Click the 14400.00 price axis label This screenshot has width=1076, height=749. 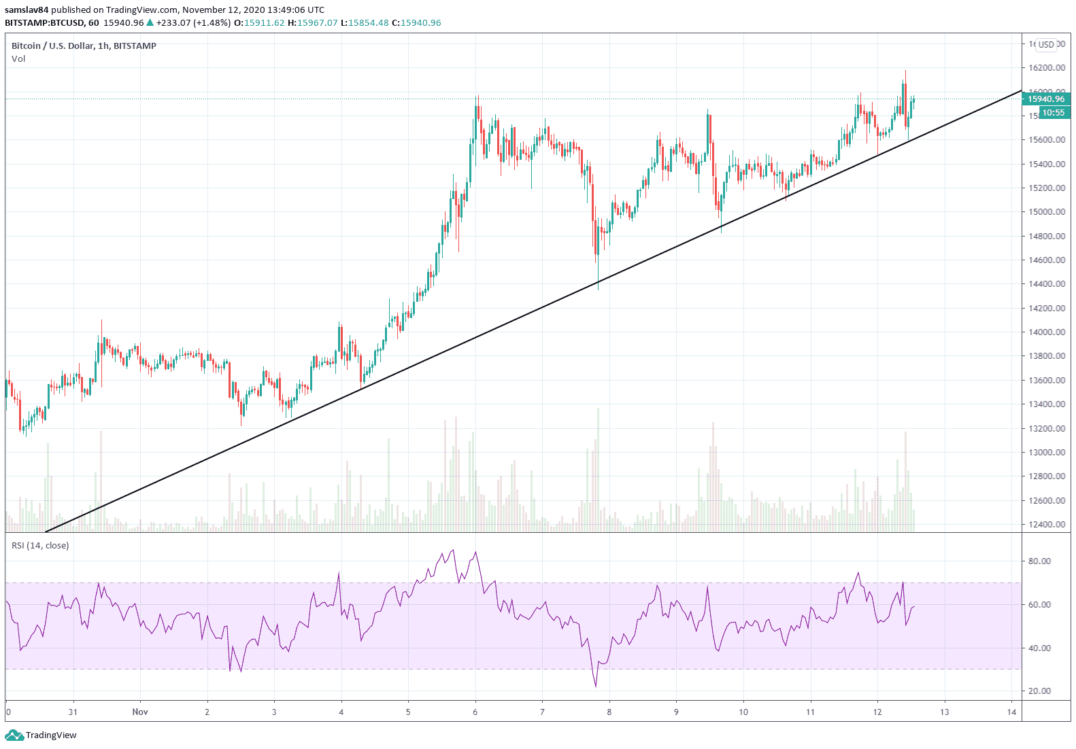point(1047,284)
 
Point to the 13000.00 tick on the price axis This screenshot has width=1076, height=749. point(1047,453)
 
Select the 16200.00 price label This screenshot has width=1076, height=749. point(1047,68)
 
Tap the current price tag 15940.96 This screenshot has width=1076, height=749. point(1046,99)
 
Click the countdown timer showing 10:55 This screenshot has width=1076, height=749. point(1053,113)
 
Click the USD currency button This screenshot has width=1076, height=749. point(1046,45)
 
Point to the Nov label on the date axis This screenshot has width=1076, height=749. point(140,712)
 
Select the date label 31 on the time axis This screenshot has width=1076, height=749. point(73,712)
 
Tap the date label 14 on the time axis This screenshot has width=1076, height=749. point(1011,712)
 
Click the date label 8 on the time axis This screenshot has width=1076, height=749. point(609,712)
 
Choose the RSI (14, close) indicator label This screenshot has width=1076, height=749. point(40,546)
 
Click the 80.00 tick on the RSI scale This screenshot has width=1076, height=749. point(1039,561)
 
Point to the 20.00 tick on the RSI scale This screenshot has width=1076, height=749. point(1039,691)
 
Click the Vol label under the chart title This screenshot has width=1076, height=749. point(18,59)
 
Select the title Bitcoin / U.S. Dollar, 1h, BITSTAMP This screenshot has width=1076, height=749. point(84,46)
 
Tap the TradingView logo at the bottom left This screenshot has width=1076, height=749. point(41,735)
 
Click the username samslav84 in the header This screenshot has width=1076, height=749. point(27,10)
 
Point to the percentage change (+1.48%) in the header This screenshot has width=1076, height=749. point(212,23)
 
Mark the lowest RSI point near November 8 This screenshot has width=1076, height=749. point(596,686)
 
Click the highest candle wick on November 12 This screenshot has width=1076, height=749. point(905,71)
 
